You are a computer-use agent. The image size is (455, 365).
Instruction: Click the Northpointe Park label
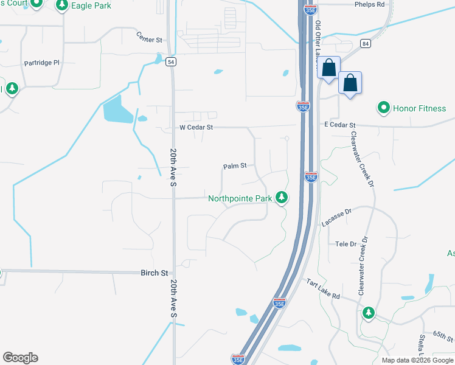point(240,198)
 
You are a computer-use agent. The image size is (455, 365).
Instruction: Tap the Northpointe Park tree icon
point(281,197)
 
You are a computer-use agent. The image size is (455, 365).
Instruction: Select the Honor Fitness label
point(419,109)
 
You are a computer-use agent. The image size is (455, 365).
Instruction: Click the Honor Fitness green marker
point(384,109)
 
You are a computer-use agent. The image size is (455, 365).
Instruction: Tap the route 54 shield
point(172,62)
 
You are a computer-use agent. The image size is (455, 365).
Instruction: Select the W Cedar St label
point(196,128)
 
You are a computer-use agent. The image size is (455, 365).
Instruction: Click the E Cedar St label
point(339,125)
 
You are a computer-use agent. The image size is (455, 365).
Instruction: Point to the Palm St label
point(235,165)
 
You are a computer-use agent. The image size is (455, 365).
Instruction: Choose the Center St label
point(150,40)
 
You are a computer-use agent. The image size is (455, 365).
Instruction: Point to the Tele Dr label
point(346,244)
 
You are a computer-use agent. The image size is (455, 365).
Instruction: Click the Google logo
point(20,358)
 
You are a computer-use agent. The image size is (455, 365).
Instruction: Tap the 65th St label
point(443,336)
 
